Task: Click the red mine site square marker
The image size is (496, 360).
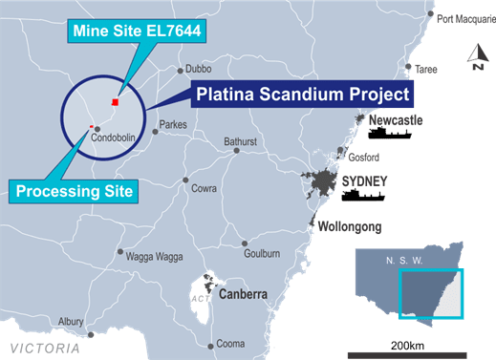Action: click(116, 102)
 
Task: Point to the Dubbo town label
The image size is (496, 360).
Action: click(198, 69)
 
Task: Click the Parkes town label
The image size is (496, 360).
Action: click(173, 124)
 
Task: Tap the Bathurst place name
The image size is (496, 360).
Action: click(241, 142)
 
